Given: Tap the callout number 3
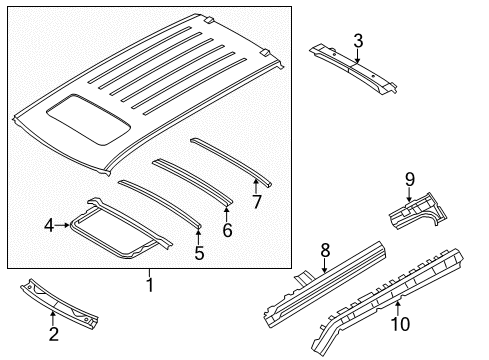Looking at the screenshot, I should pyautogui.click(x=357, y=40).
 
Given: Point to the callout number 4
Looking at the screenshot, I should pyautogui.click(x=49, y=226).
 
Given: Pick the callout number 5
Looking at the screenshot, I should pyautogui.click(x=198, y=253).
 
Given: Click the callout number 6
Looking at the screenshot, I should pyautogui.click(x=227, y=230).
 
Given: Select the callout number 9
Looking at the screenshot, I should pyautogui.click(x=409, y=179).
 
